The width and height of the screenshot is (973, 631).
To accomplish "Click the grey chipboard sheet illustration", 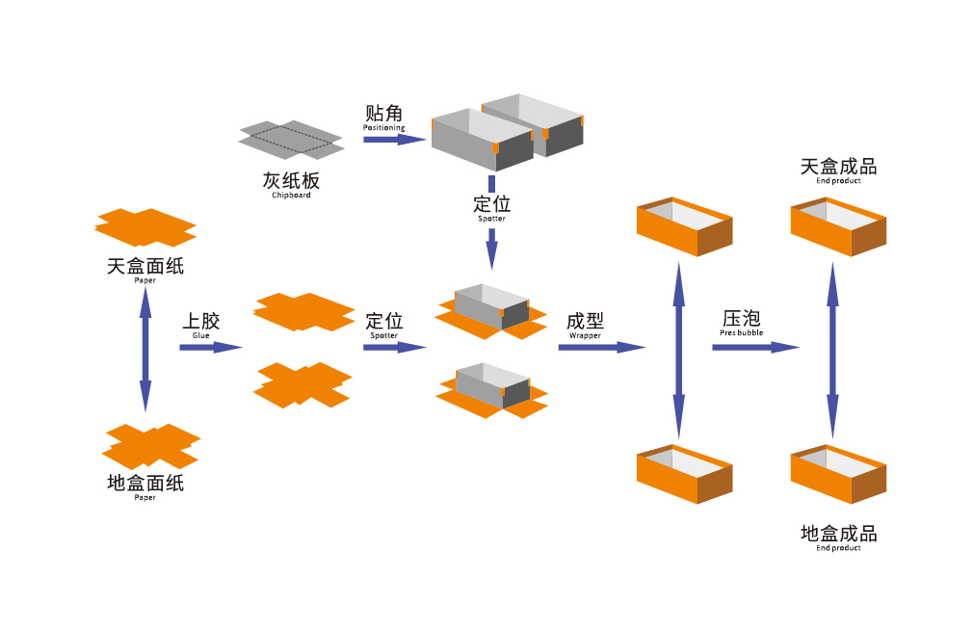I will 291,140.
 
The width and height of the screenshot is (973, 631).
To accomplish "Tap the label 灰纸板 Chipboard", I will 291,184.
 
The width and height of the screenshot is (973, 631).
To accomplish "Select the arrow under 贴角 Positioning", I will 394,140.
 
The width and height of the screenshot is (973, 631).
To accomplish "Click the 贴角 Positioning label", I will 384,118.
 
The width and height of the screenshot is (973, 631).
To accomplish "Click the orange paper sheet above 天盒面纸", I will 145,227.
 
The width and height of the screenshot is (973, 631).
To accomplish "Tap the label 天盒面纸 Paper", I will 145,269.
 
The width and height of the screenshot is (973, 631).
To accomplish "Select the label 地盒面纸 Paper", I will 145,486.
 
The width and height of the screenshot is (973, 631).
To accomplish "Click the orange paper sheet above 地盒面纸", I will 151,445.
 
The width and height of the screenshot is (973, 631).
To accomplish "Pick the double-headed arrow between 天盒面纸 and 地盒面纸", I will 145,348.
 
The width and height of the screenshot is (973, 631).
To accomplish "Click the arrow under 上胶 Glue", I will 210,347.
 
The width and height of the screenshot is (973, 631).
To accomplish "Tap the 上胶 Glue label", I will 201,324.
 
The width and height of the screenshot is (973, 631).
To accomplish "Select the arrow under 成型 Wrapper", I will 601,347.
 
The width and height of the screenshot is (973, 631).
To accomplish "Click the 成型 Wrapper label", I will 585,325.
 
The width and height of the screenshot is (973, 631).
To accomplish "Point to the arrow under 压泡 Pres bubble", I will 755,347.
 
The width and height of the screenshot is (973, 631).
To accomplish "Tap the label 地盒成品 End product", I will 838,538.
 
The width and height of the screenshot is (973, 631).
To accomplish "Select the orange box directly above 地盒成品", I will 838,474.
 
